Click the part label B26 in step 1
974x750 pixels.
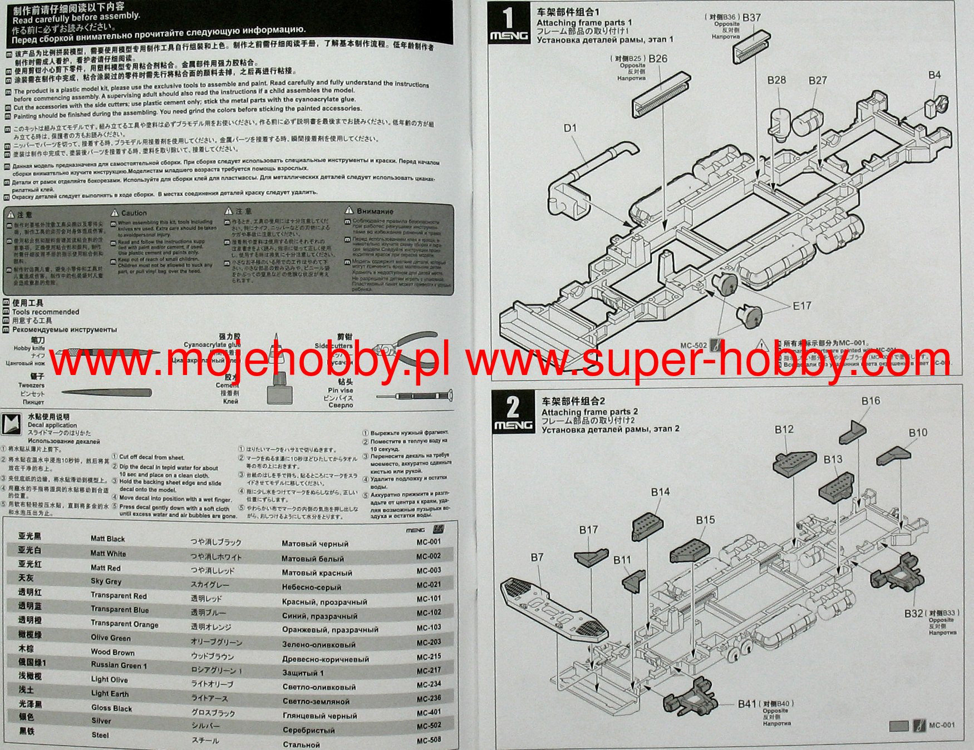pos(658,58)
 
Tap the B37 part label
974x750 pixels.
pos(751,17)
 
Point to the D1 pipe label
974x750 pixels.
pos(570,128)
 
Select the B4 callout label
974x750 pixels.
pos(934,75)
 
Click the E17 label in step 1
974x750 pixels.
pos(802,305)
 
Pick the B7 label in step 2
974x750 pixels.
pos(537,557)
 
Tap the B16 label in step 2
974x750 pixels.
pos(870,401)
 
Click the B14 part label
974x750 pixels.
pos(660,491)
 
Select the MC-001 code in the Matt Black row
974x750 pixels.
pos(429,541)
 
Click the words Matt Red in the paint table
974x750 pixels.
pos(105,568)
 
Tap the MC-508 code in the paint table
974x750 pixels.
pos(429,739)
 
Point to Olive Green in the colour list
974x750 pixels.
pos(111,638)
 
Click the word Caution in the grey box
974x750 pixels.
pos(134,213)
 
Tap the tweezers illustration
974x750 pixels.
pos(106,393)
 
